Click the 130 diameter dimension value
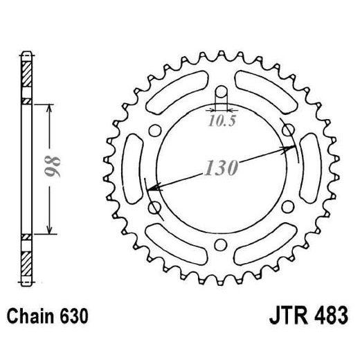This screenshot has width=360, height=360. (x=220, y=168)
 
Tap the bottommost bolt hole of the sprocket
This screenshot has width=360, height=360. (x=221, y=244)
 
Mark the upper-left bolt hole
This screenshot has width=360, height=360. (x=155, y=130)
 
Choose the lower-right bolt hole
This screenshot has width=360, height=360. (x=287, y=206)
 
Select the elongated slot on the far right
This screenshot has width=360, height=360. (x=314, y=168)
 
